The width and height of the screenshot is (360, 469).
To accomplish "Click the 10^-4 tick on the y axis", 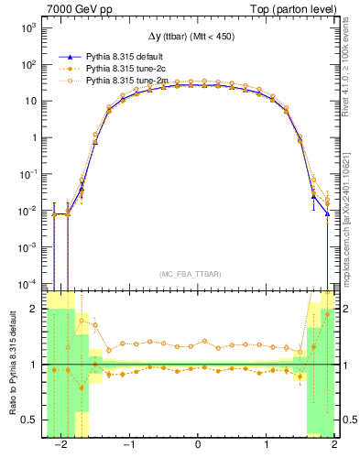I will click(x=27, y=283).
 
